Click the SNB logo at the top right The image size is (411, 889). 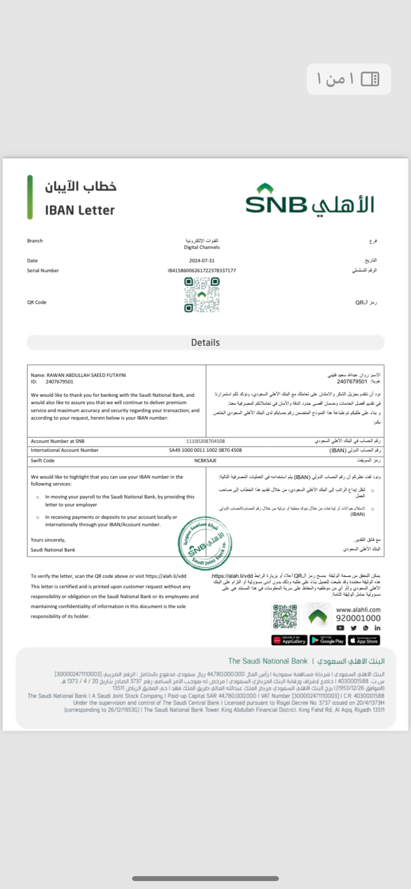309,199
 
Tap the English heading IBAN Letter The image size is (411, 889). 80,210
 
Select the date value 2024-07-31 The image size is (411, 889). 202,260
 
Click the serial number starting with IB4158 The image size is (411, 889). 202,270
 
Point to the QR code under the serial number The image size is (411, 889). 202,295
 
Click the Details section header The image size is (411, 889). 205,342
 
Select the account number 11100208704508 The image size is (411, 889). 205,441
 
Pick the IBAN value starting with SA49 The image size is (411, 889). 205,450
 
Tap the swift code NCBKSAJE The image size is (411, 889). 205,460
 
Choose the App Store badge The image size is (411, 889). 364,640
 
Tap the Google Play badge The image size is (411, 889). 328,640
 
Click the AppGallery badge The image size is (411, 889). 289,640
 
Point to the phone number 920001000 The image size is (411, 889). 358,618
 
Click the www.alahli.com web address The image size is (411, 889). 358,610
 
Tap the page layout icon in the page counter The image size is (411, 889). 370,79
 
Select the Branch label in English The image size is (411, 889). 35,241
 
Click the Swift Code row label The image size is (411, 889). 43,460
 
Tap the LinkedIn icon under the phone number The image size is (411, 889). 377,628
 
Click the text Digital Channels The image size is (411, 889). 202,247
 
